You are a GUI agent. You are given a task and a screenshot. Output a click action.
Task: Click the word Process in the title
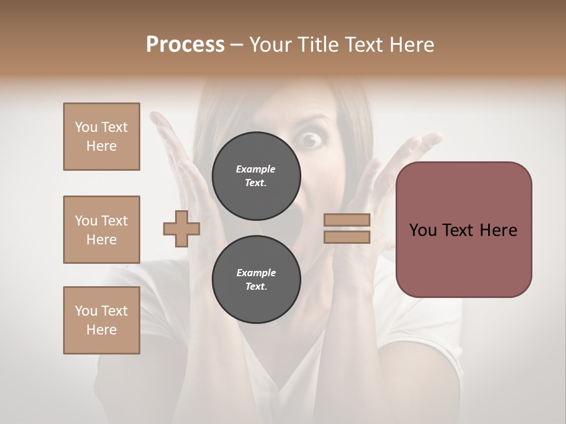(185, 44)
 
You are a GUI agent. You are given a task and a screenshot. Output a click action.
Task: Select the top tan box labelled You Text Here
(101, 137)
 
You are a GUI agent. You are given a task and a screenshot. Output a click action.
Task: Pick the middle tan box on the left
(101, 230)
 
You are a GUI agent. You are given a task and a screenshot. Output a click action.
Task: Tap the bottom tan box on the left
(101, 320)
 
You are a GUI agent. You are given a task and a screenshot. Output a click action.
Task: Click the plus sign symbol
(182, 228)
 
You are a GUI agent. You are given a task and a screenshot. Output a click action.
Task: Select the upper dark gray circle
(256, 175)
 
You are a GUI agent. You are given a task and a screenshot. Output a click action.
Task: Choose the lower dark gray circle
(256, 279)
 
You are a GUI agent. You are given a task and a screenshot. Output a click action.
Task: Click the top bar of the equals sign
(347, 220)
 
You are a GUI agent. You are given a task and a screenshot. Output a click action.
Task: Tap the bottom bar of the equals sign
(347, 237)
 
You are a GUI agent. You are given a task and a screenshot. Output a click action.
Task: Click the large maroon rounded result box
(464, 229)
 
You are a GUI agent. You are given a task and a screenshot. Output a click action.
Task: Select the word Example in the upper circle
(255, 169)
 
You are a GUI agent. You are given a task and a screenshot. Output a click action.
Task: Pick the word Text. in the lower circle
(255, 287)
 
